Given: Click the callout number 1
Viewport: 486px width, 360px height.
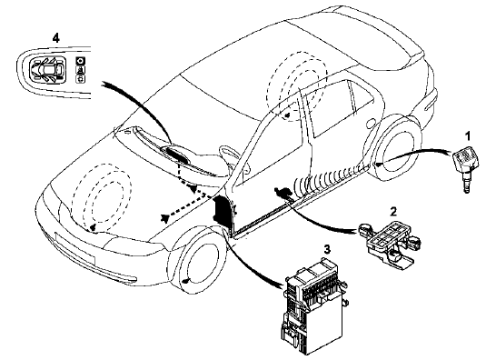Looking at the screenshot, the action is (x=468, y=135).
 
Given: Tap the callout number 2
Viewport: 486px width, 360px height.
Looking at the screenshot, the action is (x=393, y=212).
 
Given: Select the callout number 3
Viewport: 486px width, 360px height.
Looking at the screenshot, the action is (x=327, y=249).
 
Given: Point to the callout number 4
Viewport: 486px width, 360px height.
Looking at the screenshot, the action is (x=55, y=38).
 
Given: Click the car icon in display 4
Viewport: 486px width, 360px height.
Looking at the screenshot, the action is (x=47, y=70).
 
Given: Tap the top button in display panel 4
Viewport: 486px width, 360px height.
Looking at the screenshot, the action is (x=81, y=61).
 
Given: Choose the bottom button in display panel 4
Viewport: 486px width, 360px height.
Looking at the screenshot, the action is (x=81, y=79).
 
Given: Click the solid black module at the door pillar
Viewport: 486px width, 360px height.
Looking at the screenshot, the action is (x=223, y=211).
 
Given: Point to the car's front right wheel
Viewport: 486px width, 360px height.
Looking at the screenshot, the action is (x=198, y=261).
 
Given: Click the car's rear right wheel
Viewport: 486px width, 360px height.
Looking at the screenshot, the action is (x=393, y=148).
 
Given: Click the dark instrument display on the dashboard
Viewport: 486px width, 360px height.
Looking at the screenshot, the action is (x=174, y=152).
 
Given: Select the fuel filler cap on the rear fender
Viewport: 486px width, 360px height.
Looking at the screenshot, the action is (x=370, y=124).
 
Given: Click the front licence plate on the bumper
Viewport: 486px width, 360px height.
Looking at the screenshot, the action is (x=74, y=247).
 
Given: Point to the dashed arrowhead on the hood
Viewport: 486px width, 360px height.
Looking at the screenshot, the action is (x=165, y=217).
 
